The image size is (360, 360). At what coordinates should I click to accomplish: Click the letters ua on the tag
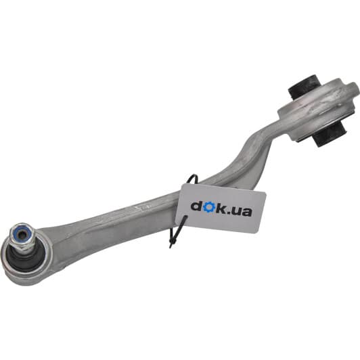pos(242,211)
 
